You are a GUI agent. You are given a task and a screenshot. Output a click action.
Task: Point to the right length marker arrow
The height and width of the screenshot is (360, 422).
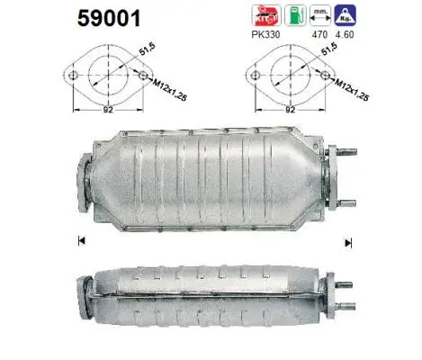(346, 239)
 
